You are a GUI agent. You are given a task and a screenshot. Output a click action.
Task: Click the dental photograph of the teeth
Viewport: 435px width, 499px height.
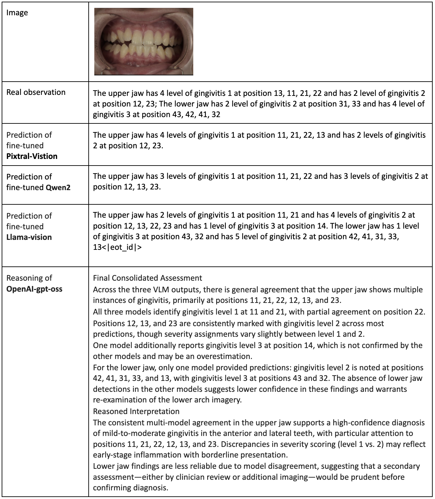click(x=143, y=41)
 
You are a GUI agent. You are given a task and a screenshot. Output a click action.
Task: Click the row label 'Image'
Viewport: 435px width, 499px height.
click(x=17, y=13)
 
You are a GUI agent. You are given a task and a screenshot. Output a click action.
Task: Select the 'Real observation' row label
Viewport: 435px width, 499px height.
click(x=36, y=92)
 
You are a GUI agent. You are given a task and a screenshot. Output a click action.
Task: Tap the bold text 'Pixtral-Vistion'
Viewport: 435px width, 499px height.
click(x=32, y=156)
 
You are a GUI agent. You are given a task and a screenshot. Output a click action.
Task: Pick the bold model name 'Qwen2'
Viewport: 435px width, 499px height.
click(x=58, y=187)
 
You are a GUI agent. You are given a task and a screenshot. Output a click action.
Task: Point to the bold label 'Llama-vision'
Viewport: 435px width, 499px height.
click(x=29, y=237)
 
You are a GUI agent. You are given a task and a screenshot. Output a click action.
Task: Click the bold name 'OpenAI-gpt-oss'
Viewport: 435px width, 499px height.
click(x=35, y=289)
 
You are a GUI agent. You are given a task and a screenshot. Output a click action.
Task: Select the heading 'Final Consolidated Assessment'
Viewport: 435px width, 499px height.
click(x=147, y=278)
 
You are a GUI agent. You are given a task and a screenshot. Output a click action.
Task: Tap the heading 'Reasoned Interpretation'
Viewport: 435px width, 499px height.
click(x=136, y=411)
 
